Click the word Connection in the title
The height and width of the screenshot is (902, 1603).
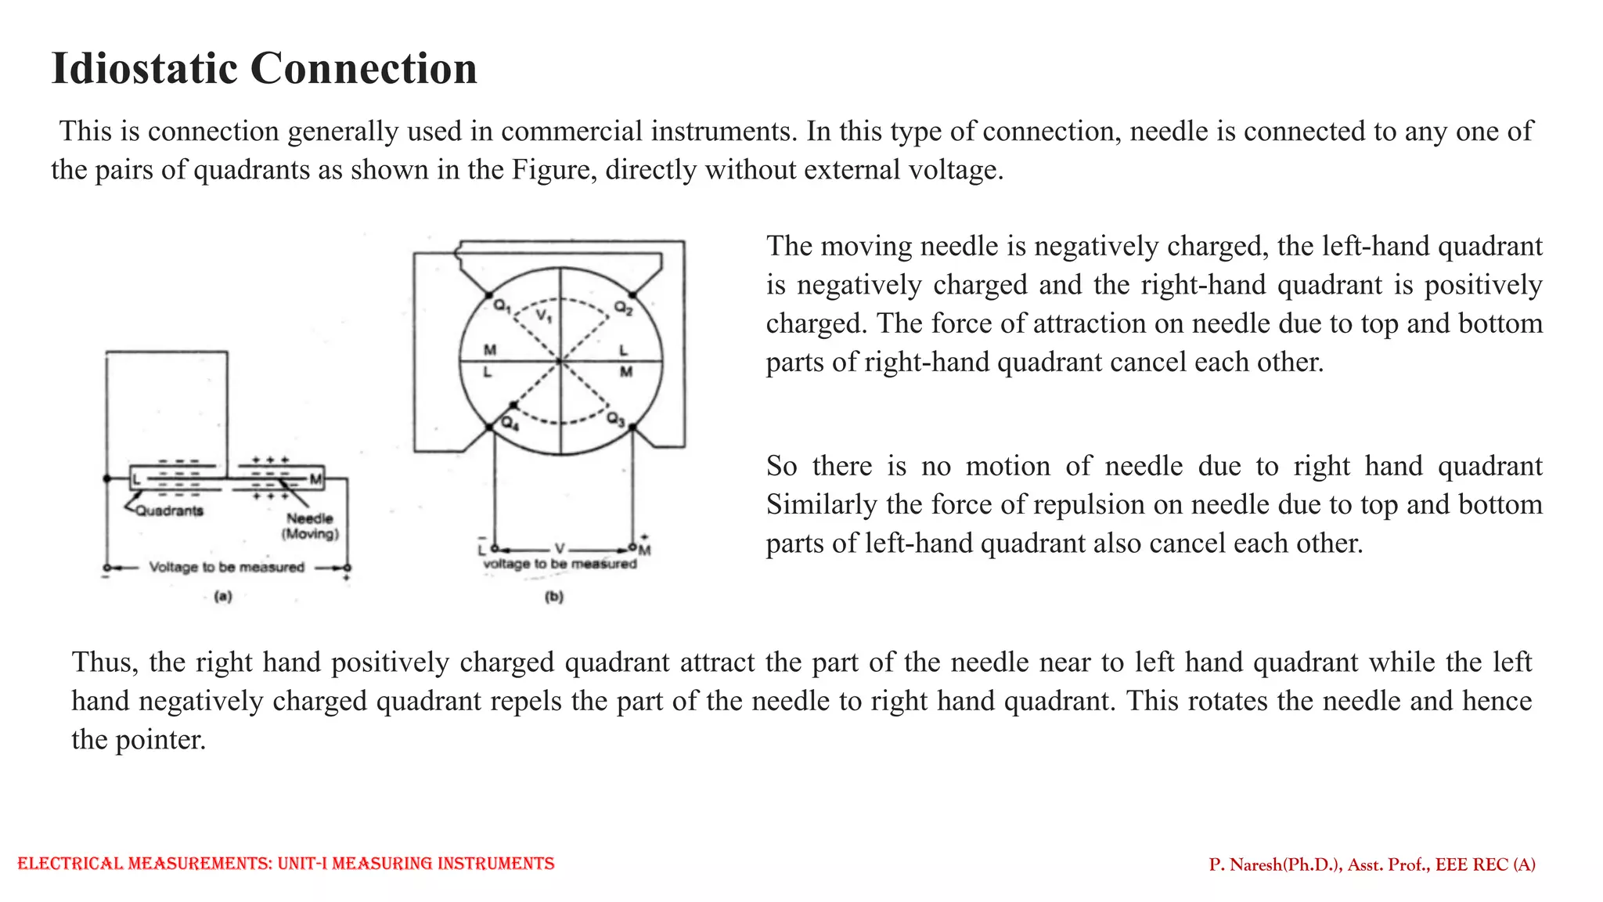(364, 68)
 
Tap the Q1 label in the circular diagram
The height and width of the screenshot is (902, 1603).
(502, 306)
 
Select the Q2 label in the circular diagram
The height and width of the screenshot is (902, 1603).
(623, 308)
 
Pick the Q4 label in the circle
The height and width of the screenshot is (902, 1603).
(510, 424)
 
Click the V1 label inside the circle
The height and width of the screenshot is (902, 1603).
(544, 316)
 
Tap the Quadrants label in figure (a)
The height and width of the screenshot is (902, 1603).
(169, 511)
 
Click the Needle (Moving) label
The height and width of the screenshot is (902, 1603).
(310, 526)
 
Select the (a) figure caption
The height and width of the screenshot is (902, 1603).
(223, 597)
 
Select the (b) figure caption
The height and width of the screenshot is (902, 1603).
(554, 597)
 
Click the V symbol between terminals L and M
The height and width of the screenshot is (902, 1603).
(560, 549)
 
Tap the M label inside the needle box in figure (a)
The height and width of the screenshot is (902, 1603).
(315, 478)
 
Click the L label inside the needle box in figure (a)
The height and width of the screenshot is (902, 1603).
(137, 478)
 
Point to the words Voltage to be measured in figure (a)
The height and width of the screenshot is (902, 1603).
(226, 568)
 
